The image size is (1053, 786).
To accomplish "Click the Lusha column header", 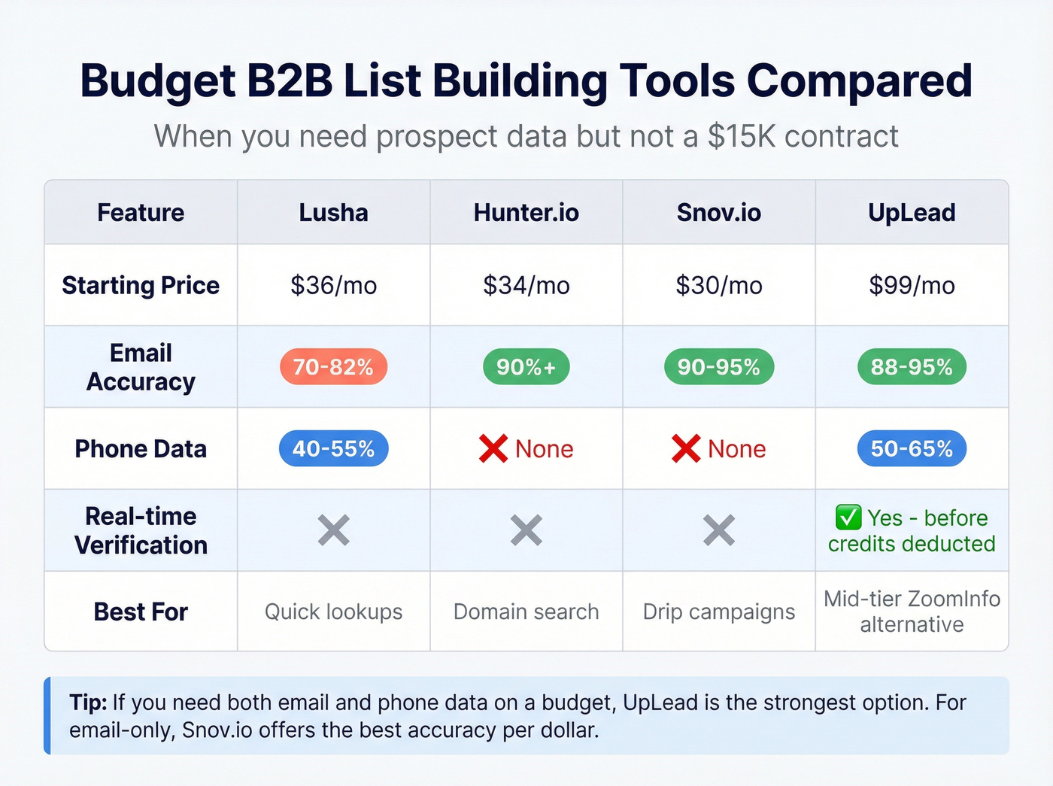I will (x=333, y=213).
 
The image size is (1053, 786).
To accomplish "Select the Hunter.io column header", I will (x=526, y=213).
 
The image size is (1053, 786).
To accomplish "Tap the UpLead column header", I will (x=912, y=213).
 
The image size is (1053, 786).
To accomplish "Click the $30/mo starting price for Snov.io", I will (x=718, y=285).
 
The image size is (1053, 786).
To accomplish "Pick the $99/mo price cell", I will (x=912, y=285).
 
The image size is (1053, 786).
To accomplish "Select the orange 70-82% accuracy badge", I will (x=333, y=367).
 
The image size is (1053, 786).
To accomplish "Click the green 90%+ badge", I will (x=526, y=367).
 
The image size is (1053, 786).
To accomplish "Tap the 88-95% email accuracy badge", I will (x=912, y=367).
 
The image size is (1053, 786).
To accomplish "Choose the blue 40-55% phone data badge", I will (x=333, y=449).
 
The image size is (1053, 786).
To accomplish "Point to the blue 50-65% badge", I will (x=912, y=449).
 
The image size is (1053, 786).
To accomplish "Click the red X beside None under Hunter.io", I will (x=493, y=449).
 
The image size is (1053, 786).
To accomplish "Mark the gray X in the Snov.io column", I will (x=718, y=530).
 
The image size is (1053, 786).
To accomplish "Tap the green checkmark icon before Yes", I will (x=848, y=517).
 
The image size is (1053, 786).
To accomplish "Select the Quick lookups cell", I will (x=333, y=612).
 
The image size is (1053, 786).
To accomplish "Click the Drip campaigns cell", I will (x=718, y=612).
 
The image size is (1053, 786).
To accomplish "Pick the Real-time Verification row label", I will (x=141, y=530).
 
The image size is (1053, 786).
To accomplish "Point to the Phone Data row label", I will (x=141, y=449).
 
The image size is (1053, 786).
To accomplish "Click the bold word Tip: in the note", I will (x=88, y=703).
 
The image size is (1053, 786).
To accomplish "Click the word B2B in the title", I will (x=290, y=81).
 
